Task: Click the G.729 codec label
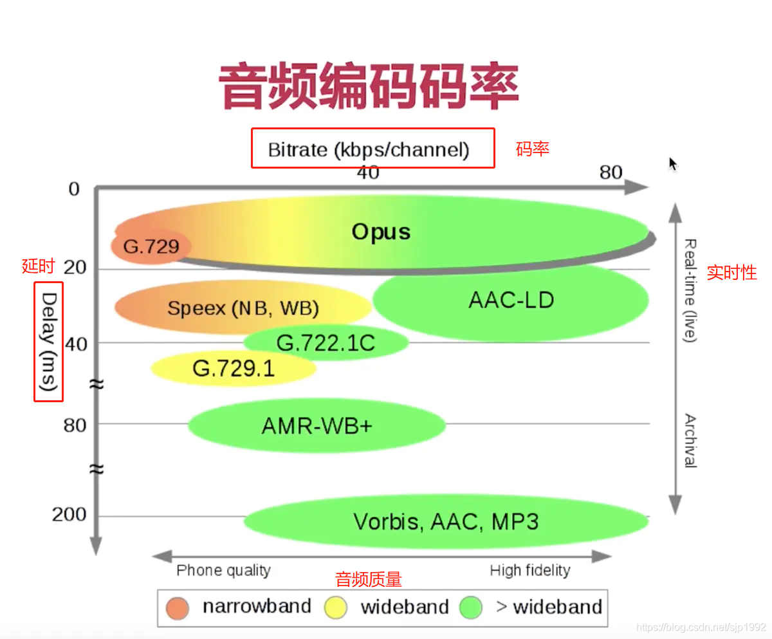[x=151, y=246]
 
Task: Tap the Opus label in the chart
[x=381, y=232]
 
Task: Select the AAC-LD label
[x=511, y=300]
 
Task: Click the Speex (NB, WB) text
[x=243, y=308]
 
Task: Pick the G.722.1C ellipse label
[x=326, y=343]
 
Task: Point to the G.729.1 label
[x=234, y=369]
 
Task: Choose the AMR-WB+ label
[x=317, y=426]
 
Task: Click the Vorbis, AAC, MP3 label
[x=446, y=521]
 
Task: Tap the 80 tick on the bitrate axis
[x=611, y=172]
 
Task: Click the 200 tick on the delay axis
[x=69, y=515]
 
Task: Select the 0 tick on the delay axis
[x=74, y=189]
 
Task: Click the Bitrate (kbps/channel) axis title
[x=369, y=150]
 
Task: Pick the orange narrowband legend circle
[x=177, y=607]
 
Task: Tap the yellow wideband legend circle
[x=336, y=607]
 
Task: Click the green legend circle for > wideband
[x=471, y=607]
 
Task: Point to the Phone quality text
[x=223, y=570]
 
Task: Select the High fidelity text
[x=530, y=570]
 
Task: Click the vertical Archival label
[x=690, y=440]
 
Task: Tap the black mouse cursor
[x=673, y=164]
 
